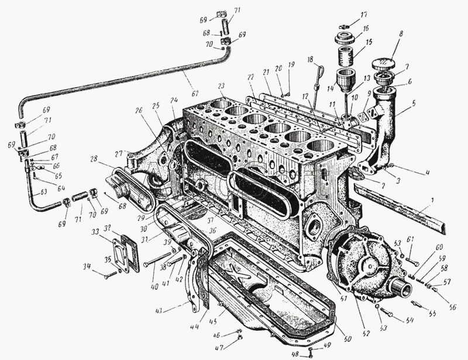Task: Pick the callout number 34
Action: point(86,266)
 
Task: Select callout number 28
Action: point(94,159)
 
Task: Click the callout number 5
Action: point(414,103)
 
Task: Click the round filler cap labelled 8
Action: point(384,64)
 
